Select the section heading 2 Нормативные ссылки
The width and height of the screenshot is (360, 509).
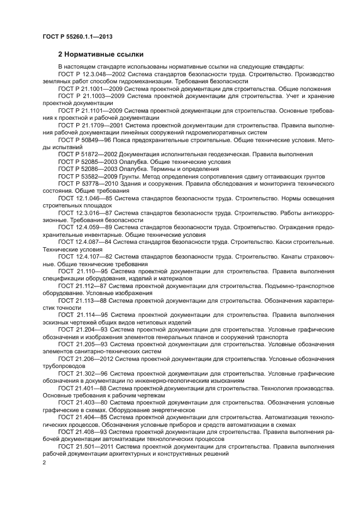point(101,54)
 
